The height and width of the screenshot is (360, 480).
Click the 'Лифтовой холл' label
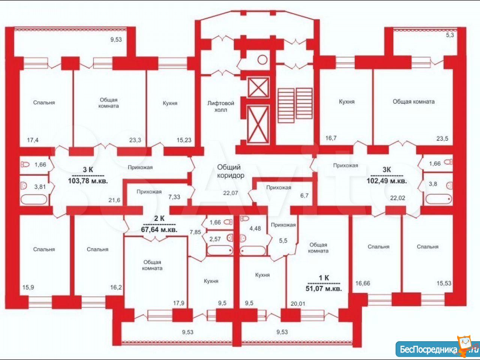220,106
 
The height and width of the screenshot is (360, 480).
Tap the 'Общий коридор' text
230,171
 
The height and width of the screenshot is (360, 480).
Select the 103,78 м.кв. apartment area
88,181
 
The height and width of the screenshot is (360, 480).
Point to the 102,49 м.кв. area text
387,181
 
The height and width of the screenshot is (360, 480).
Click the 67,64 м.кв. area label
159,230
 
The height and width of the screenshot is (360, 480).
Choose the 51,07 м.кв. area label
324,288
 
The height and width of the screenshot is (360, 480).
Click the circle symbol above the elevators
262,60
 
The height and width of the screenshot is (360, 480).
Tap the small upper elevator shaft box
258,87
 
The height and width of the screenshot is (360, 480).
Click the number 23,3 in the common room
135,140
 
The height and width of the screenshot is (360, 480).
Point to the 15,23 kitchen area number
184,140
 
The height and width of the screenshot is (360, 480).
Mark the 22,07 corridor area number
231,193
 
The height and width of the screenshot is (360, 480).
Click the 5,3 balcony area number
450,35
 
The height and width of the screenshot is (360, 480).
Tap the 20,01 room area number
298,304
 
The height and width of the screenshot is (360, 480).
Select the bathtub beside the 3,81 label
34,199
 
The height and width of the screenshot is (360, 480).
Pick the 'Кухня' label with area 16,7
347,102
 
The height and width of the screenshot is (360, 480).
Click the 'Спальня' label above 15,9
44,249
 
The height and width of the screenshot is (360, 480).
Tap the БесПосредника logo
438,349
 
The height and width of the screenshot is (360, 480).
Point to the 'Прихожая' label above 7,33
149,192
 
